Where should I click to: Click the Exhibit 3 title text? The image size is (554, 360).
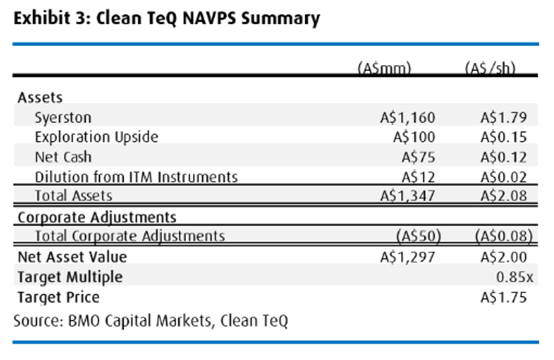tap(167, 19)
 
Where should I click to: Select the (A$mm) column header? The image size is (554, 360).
tap(384, 67)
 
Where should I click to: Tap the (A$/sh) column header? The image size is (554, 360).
tap(490, 67)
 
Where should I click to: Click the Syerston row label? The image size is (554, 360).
tap(63, 118)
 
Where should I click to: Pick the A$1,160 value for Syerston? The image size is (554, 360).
tap(408, 118)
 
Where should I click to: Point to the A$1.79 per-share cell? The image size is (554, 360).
tap(504, 118)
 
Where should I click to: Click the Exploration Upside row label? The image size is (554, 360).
tap(97, 137)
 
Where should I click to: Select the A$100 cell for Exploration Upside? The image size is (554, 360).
tap(414, 137)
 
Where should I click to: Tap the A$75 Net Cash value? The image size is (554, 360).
tap(418, 157)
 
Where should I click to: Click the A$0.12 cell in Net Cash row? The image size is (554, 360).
tap(504, 157)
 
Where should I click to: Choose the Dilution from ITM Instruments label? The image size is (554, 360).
tap(136, 177)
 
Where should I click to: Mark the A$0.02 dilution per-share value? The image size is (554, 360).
tap(504, 177)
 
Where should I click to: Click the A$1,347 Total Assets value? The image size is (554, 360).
tap(408, 196)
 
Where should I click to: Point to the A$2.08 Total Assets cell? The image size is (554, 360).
tap(504, 196)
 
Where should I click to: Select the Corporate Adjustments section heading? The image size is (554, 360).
tap(97, 218)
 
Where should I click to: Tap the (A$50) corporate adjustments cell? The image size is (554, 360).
tap(419, 236)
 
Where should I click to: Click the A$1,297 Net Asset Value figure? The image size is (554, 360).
tap(408, 257)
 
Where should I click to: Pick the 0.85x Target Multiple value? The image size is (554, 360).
tap(514, 277)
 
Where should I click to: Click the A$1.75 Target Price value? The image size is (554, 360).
tap(504, 297)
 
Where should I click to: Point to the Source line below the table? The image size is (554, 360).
tap(151, 321)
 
